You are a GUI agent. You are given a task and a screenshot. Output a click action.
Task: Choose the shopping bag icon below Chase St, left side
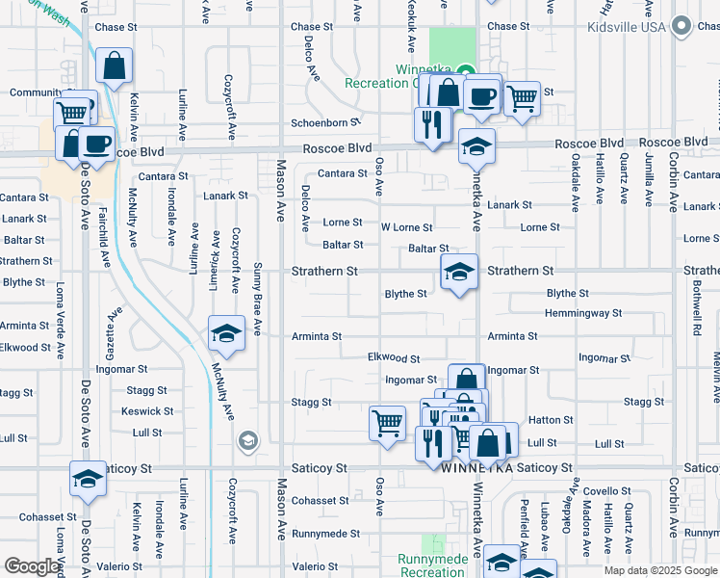(114, 66)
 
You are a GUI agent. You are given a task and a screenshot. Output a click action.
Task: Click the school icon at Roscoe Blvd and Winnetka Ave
(476, 146)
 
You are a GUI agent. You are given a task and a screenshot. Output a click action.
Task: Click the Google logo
(32, 566)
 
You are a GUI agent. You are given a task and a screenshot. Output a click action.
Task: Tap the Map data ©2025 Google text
(659, 570)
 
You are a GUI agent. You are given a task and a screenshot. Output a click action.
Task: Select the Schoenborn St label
(325, 123)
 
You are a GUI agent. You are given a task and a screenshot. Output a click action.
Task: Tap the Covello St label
(605, 491)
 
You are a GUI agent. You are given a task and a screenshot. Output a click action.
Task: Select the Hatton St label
(551, 420)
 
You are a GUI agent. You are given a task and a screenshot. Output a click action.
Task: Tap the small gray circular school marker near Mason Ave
(248, 440)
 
